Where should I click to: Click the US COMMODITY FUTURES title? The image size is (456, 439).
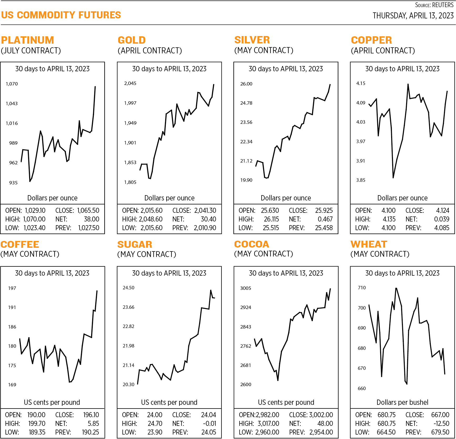tap(61, 15)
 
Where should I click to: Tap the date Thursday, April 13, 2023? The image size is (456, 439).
tap(413, 16)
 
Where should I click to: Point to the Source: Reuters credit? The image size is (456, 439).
tap(434, 5)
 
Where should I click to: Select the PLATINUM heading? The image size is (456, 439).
tap(28, 40)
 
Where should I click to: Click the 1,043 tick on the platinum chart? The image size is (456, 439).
tap(12, 104)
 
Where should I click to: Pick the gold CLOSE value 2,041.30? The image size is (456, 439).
tap(205, 211)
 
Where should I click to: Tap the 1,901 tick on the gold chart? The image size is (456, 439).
tap(130, 143)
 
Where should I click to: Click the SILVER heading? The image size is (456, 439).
tap(252, 40)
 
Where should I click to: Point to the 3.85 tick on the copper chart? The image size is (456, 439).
tap(361, 180)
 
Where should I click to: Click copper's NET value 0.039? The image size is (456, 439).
tap(442, 219)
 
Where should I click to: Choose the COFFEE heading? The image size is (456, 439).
tap(20, 245)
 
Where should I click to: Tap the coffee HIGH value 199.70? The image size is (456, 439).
tap(37, 424)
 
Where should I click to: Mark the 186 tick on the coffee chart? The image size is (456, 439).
tap(12, 327)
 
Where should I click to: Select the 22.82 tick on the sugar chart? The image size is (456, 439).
tap(128, 326)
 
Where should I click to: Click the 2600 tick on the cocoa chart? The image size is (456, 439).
tap(246, 385)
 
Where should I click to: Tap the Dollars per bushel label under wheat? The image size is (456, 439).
tap(402, 402)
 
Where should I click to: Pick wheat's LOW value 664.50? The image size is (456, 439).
tap(386, 432)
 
